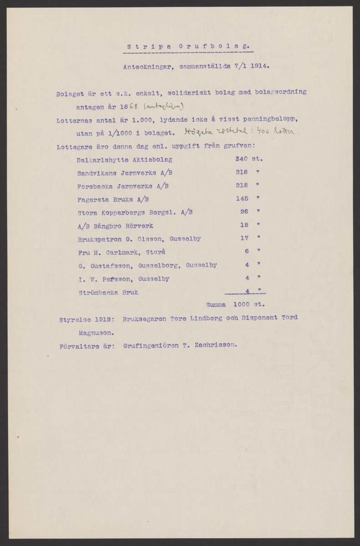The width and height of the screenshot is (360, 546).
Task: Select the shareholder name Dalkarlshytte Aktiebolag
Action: coord(125,160)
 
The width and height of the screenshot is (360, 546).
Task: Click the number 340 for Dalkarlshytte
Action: coord(241,160)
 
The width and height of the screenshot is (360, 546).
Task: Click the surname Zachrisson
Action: coord(218,345)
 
